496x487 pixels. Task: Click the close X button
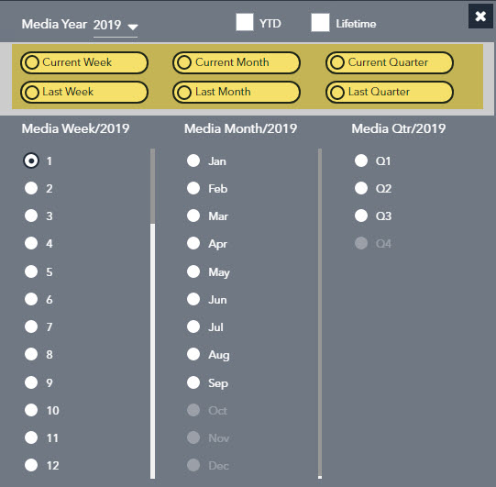coord(480,17)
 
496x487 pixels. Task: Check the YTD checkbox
coord(245,22)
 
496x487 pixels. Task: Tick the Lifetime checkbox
coord(320,22)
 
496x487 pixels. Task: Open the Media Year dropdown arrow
coord(133,27)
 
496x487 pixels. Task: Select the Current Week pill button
coord(84,62)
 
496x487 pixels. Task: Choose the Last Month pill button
coord(237,92)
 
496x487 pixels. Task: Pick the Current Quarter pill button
coord(390,62)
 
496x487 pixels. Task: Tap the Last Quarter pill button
coord(390,92)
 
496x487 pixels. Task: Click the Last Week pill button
coord(84,92)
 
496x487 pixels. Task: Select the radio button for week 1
coord(31,160)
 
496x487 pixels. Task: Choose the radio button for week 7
coord(31,327)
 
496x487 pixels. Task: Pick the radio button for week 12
coord(31,465)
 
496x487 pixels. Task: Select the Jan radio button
coord(193,160)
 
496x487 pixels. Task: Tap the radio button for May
coord(193,271)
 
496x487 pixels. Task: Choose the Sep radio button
coord(193,382)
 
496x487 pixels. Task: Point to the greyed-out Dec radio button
coord(193,465)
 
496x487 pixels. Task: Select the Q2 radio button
coord(361,188)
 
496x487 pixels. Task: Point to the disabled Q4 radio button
coord(361,243)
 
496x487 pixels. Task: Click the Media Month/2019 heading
coord(240,128)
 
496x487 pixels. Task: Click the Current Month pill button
coord(237,62)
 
